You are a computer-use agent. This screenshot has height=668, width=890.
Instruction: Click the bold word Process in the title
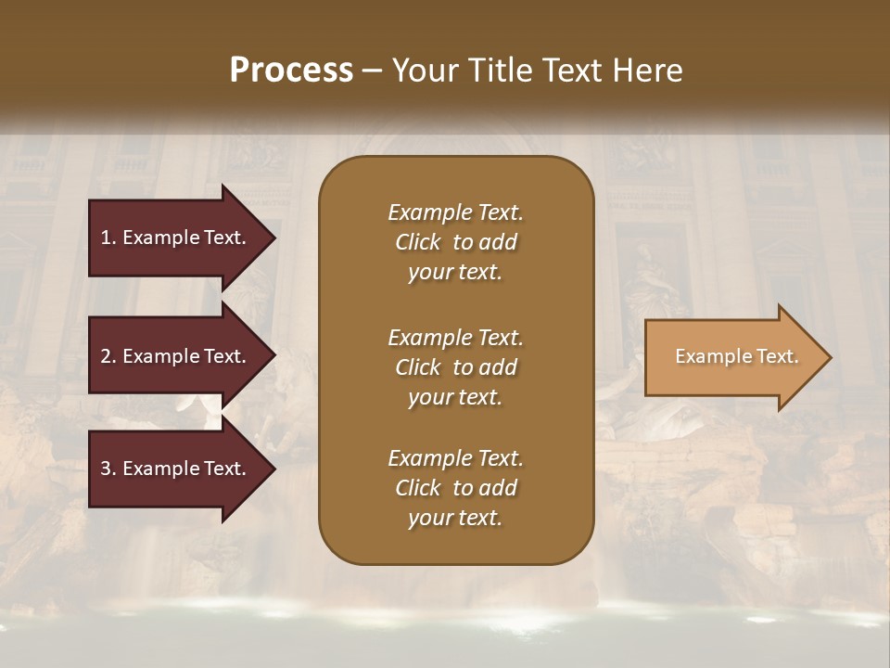291,71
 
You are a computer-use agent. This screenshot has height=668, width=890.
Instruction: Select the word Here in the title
648,71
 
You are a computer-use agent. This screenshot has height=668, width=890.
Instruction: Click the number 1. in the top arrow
108,238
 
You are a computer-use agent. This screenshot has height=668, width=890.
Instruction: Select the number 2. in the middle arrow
108,356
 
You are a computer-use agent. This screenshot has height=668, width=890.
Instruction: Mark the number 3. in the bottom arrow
108,469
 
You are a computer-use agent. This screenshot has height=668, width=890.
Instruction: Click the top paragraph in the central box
455,242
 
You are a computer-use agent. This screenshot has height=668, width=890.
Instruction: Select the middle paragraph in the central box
455,367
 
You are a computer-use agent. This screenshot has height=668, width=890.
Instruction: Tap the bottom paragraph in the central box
455,488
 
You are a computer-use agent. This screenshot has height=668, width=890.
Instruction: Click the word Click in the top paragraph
417,243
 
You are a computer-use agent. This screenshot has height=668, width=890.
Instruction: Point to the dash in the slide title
373,71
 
